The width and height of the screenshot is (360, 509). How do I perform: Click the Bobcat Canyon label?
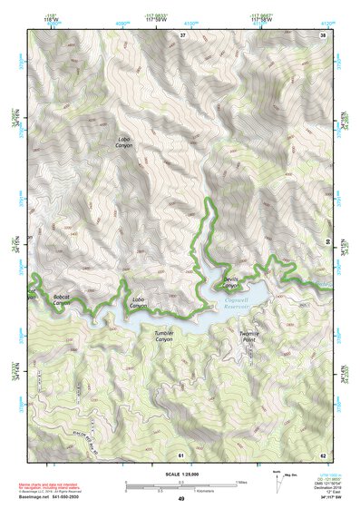[x=62, y=299]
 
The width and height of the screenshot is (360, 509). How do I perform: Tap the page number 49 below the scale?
[x=180, y=498]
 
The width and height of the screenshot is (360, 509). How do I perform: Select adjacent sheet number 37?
[x=181, y=34]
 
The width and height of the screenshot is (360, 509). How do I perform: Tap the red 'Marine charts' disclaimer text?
[x=54, y=487]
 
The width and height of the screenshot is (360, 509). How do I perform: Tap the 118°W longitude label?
[x=38, y=17]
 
